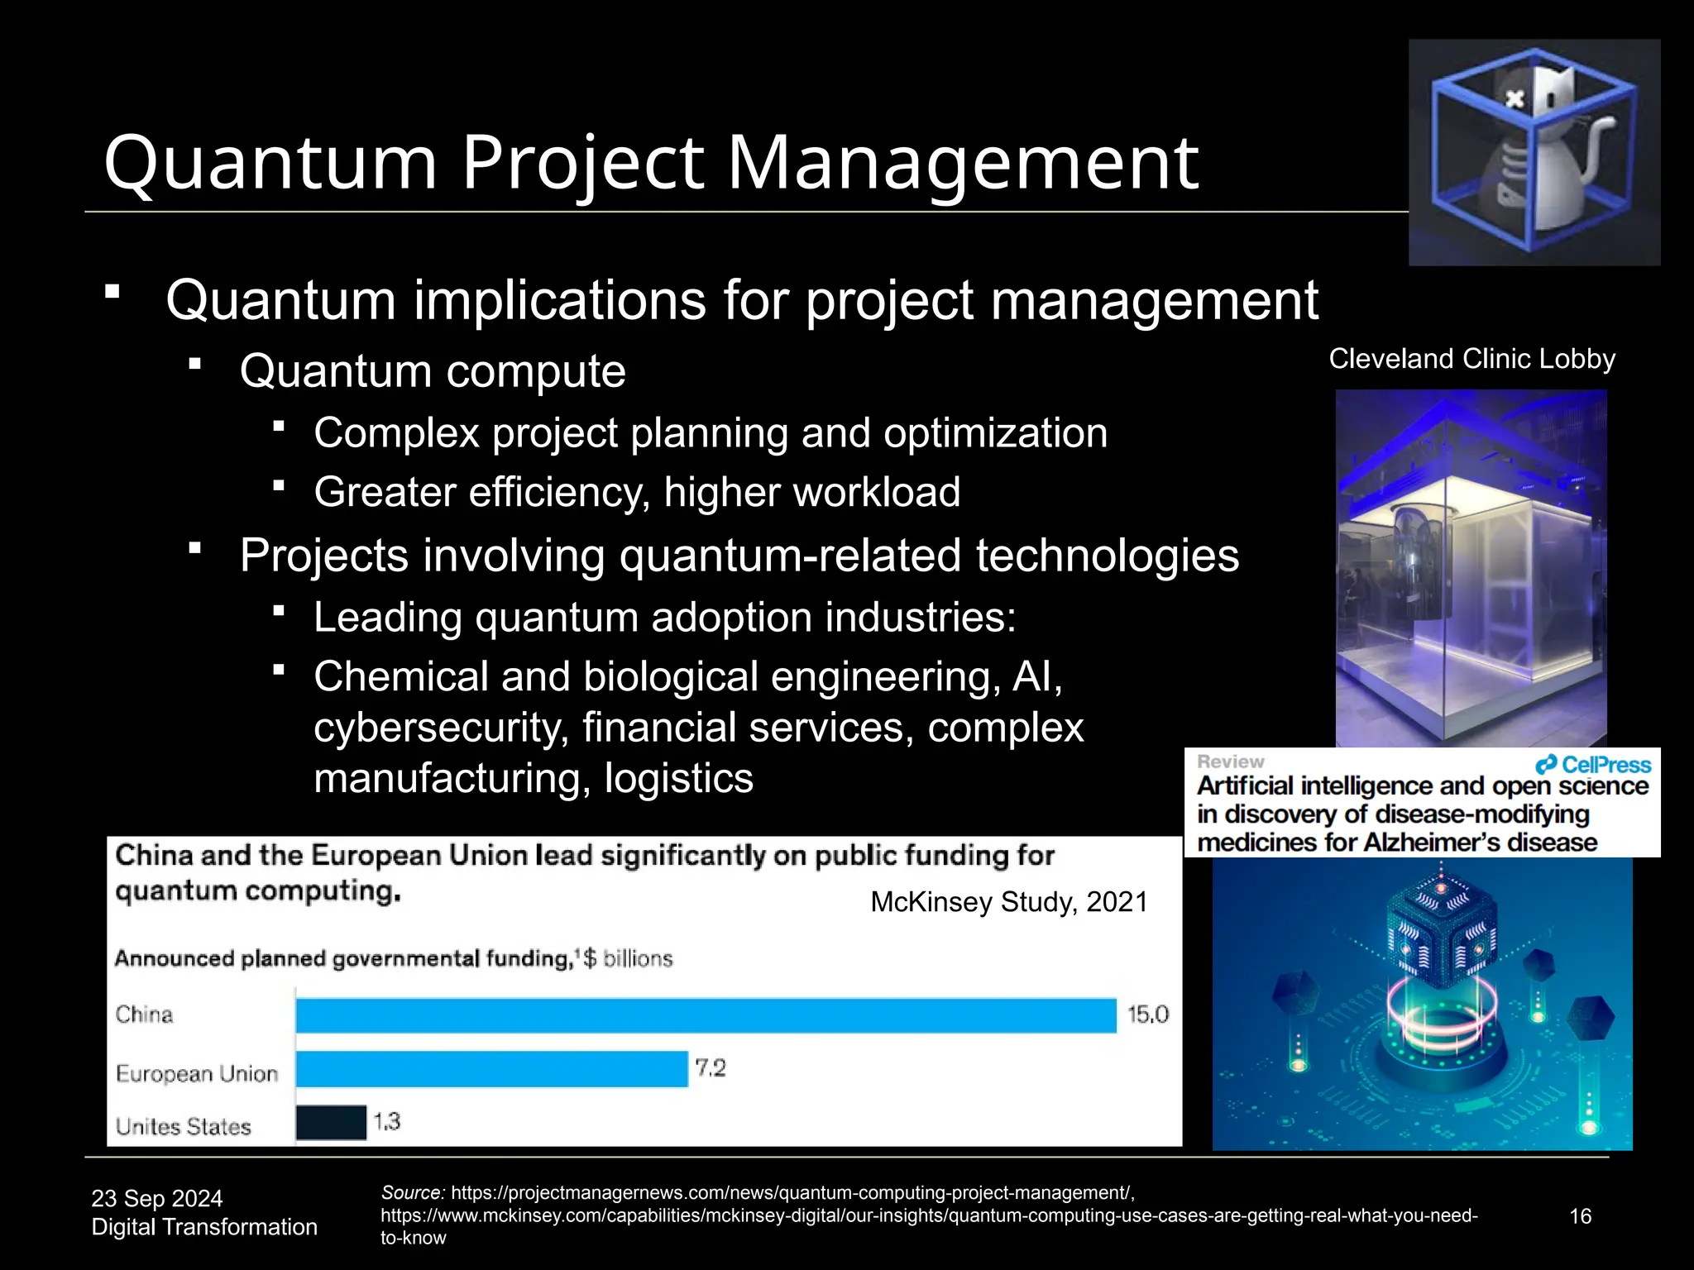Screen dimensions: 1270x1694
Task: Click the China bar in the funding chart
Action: [706, 1015]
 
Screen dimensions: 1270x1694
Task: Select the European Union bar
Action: [491, 1069]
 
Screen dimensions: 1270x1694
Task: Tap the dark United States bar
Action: [331, 1123]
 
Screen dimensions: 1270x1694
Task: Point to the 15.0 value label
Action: [1148, 1015]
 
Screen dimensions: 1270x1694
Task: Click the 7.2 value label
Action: [710, 1068]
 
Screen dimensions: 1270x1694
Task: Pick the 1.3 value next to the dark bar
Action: [386, 1122]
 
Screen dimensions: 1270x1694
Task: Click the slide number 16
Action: [1580, 1216]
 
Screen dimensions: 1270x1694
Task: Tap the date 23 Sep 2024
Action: [157, 1198]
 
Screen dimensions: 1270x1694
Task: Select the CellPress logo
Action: [1593, 765]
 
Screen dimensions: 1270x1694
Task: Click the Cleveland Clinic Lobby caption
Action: [1471, 359]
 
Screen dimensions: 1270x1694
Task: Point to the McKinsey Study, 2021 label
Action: [1009, 902]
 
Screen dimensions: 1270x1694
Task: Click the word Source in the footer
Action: [412, 1193]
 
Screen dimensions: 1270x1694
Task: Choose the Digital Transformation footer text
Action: [204, 1227]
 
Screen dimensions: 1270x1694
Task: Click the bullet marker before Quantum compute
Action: [195, 363]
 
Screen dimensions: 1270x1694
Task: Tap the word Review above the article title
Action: [1230, 762]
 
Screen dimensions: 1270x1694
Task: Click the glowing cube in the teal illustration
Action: [1441, 938]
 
